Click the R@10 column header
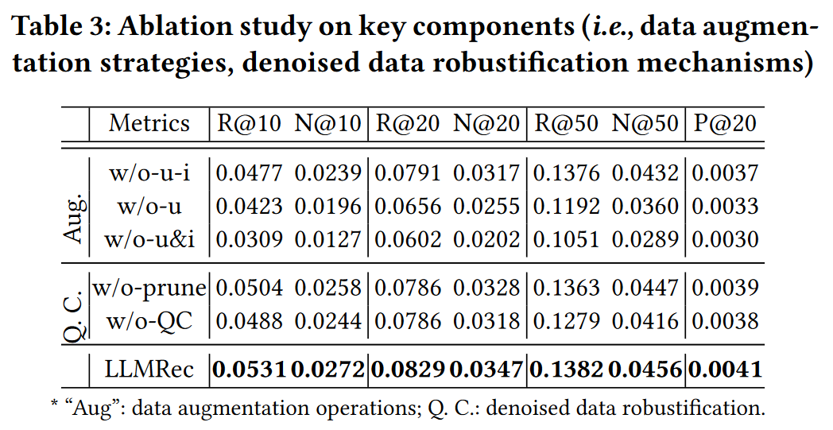pos(250,124)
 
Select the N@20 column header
pos(486,124)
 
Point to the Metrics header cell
pos(149,124)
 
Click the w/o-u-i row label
pos(149,172)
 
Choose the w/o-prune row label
pos(149,287)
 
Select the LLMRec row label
pos(149,369)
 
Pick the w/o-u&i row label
pos(149,239)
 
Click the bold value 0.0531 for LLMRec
pos(250,369)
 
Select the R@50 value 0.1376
pos(566,172)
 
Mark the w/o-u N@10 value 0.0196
pos(328,206)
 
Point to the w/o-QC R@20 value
pos(408,321)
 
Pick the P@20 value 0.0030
pos(725,239)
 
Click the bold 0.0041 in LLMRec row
pos(725,369)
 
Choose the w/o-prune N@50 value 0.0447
pos(645,287)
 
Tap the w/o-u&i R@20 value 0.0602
pos(408,239)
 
